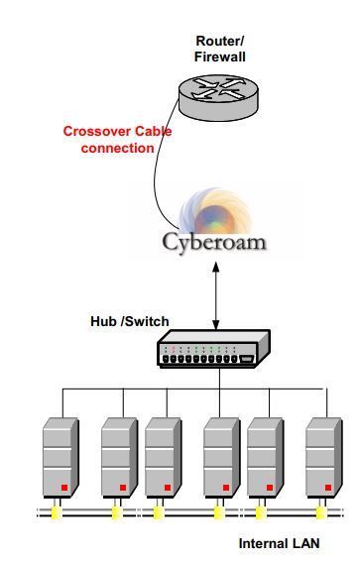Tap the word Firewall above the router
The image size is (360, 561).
click(x=220, y=57)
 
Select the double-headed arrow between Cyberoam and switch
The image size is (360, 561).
click(x=216, y=298)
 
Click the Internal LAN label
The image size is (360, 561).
click(x=279, y=544)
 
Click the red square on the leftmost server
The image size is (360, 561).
click(x=63, y=488)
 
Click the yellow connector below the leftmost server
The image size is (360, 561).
click(x=57, y=512)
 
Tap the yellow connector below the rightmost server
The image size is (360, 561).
click(x=320, y=512)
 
